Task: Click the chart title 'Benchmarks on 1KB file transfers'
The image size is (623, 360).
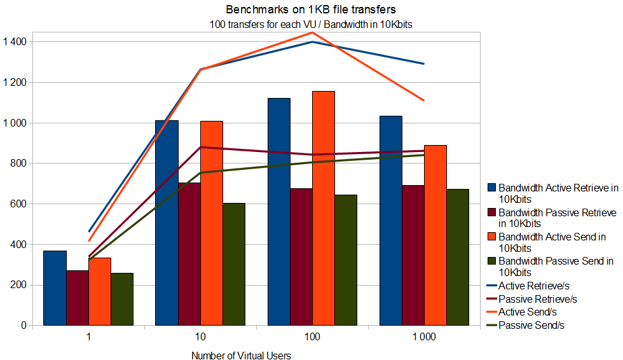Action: pyautogui.click(x=311, y=11)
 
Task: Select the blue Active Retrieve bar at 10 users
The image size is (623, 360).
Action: pyautogui.click(x=167, y=223)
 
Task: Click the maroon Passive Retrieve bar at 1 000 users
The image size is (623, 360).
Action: pyautogui.click(x=413, y=255)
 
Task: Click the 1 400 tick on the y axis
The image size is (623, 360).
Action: pyautogui.click(x=14, y=42)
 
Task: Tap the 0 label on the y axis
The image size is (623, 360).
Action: pyautogui.click(x=24, y=326)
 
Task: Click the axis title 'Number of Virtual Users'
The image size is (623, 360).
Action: pyautogui.click(x=241, y=356)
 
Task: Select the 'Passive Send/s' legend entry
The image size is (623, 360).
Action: pyautogui.click(x=531, y=326)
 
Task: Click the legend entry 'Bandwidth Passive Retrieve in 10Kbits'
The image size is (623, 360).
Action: pyautogui.click(x=557, y=218)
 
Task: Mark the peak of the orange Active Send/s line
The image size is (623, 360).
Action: pyautogui.click(x=312, y=32)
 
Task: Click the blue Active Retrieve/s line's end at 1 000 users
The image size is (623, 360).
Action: pyautogui.click(x=424, y=64)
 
